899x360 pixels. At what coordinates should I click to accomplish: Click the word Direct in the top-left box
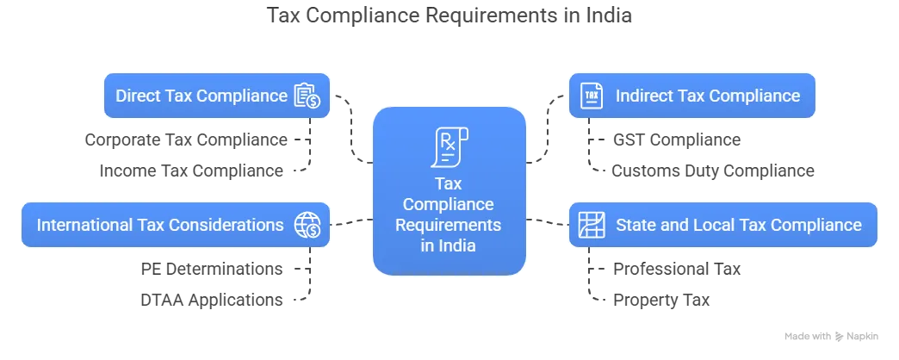pos(137,96)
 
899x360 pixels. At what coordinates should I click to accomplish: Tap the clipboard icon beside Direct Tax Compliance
pos(306,96)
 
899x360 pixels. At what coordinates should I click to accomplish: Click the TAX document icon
pos(591,96)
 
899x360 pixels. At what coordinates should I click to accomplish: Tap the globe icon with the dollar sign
pos(307,225)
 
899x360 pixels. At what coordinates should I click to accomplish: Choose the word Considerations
pos(235,225)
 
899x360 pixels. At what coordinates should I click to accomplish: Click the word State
pos(634,225)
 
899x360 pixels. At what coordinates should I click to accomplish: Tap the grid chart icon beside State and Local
pos(591,225)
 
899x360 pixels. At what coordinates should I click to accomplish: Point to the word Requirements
pos(449,226)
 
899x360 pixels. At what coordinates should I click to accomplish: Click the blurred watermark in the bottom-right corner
pos(833,337)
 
